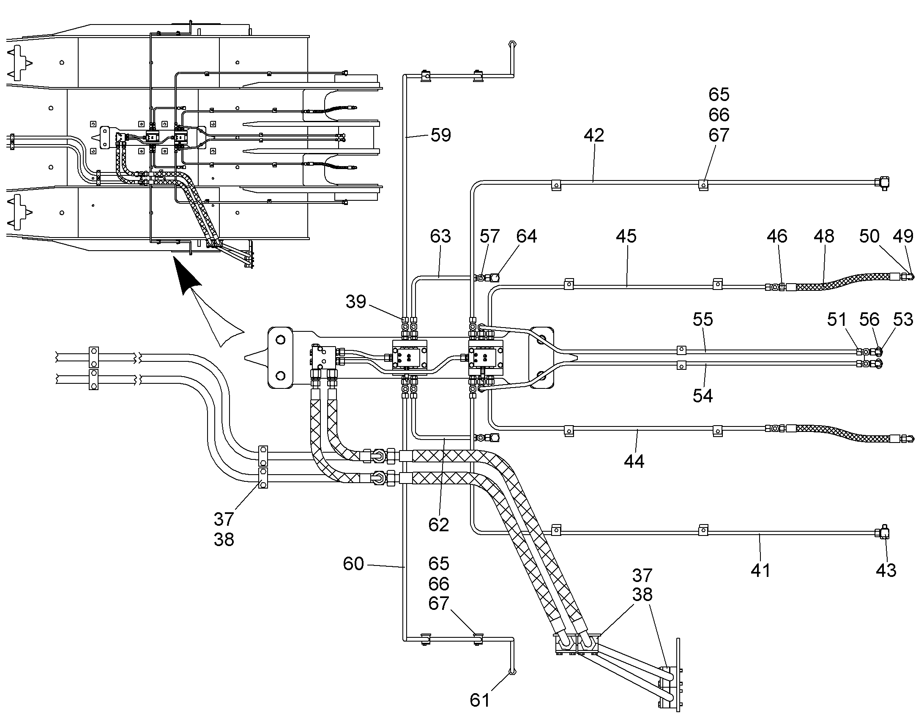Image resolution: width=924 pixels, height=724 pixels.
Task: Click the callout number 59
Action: click(x=441, y=135)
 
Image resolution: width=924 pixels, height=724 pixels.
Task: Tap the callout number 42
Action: click(x=593, y=135)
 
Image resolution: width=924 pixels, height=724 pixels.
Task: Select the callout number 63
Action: click(x=440, y=236)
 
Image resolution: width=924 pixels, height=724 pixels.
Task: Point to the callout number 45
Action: click(x=626, y=236)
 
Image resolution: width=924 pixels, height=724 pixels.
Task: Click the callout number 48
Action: click(x=824, y=236)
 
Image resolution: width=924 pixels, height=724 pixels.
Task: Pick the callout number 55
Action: click(x=703, y=319)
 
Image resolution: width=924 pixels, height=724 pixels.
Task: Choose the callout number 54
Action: click(x=703, y=396)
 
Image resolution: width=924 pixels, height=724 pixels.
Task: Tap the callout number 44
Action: click(x=634, y=461)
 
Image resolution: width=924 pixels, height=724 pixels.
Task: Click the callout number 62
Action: click(x=439, y=525)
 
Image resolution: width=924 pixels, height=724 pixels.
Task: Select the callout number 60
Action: click(x=353, y=564)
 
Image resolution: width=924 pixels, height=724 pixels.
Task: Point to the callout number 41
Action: click(x=760, y=571)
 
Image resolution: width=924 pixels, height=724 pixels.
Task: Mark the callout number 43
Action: click(x=886, y=571)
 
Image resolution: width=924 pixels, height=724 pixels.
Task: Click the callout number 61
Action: click(x=480, y=700)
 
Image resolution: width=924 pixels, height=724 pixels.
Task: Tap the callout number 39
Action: click(x=355, y=302)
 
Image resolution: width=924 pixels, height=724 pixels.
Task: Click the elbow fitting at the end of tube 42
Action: click(x=883, y=183)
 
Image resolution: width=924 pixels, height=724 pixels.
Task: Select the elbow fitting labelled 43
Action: click(x=883, y=532)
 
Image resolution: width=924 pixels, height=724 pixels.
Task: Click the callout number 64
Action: click(x=526, y=236)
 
